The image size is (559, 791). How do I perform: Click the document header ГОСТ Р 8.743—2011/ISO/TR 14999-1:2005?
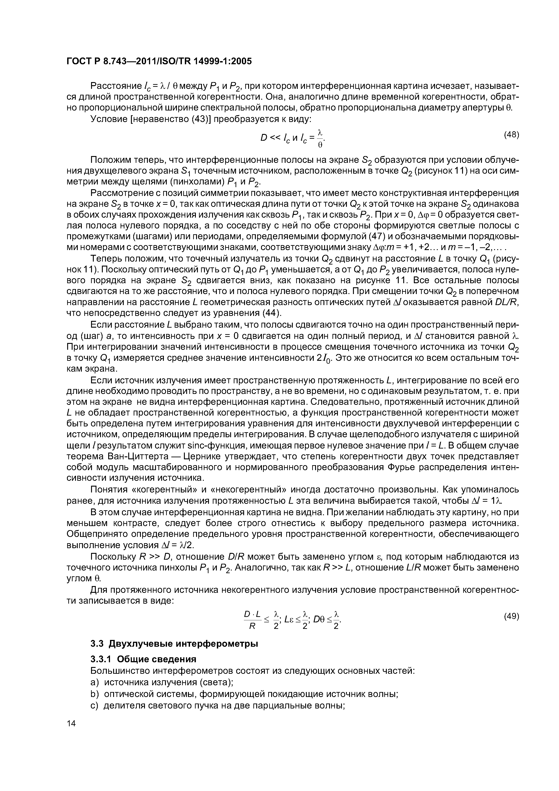click(x=159, y=61)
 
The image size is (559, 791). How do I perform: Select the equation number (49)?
click(x=511, y=616)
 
